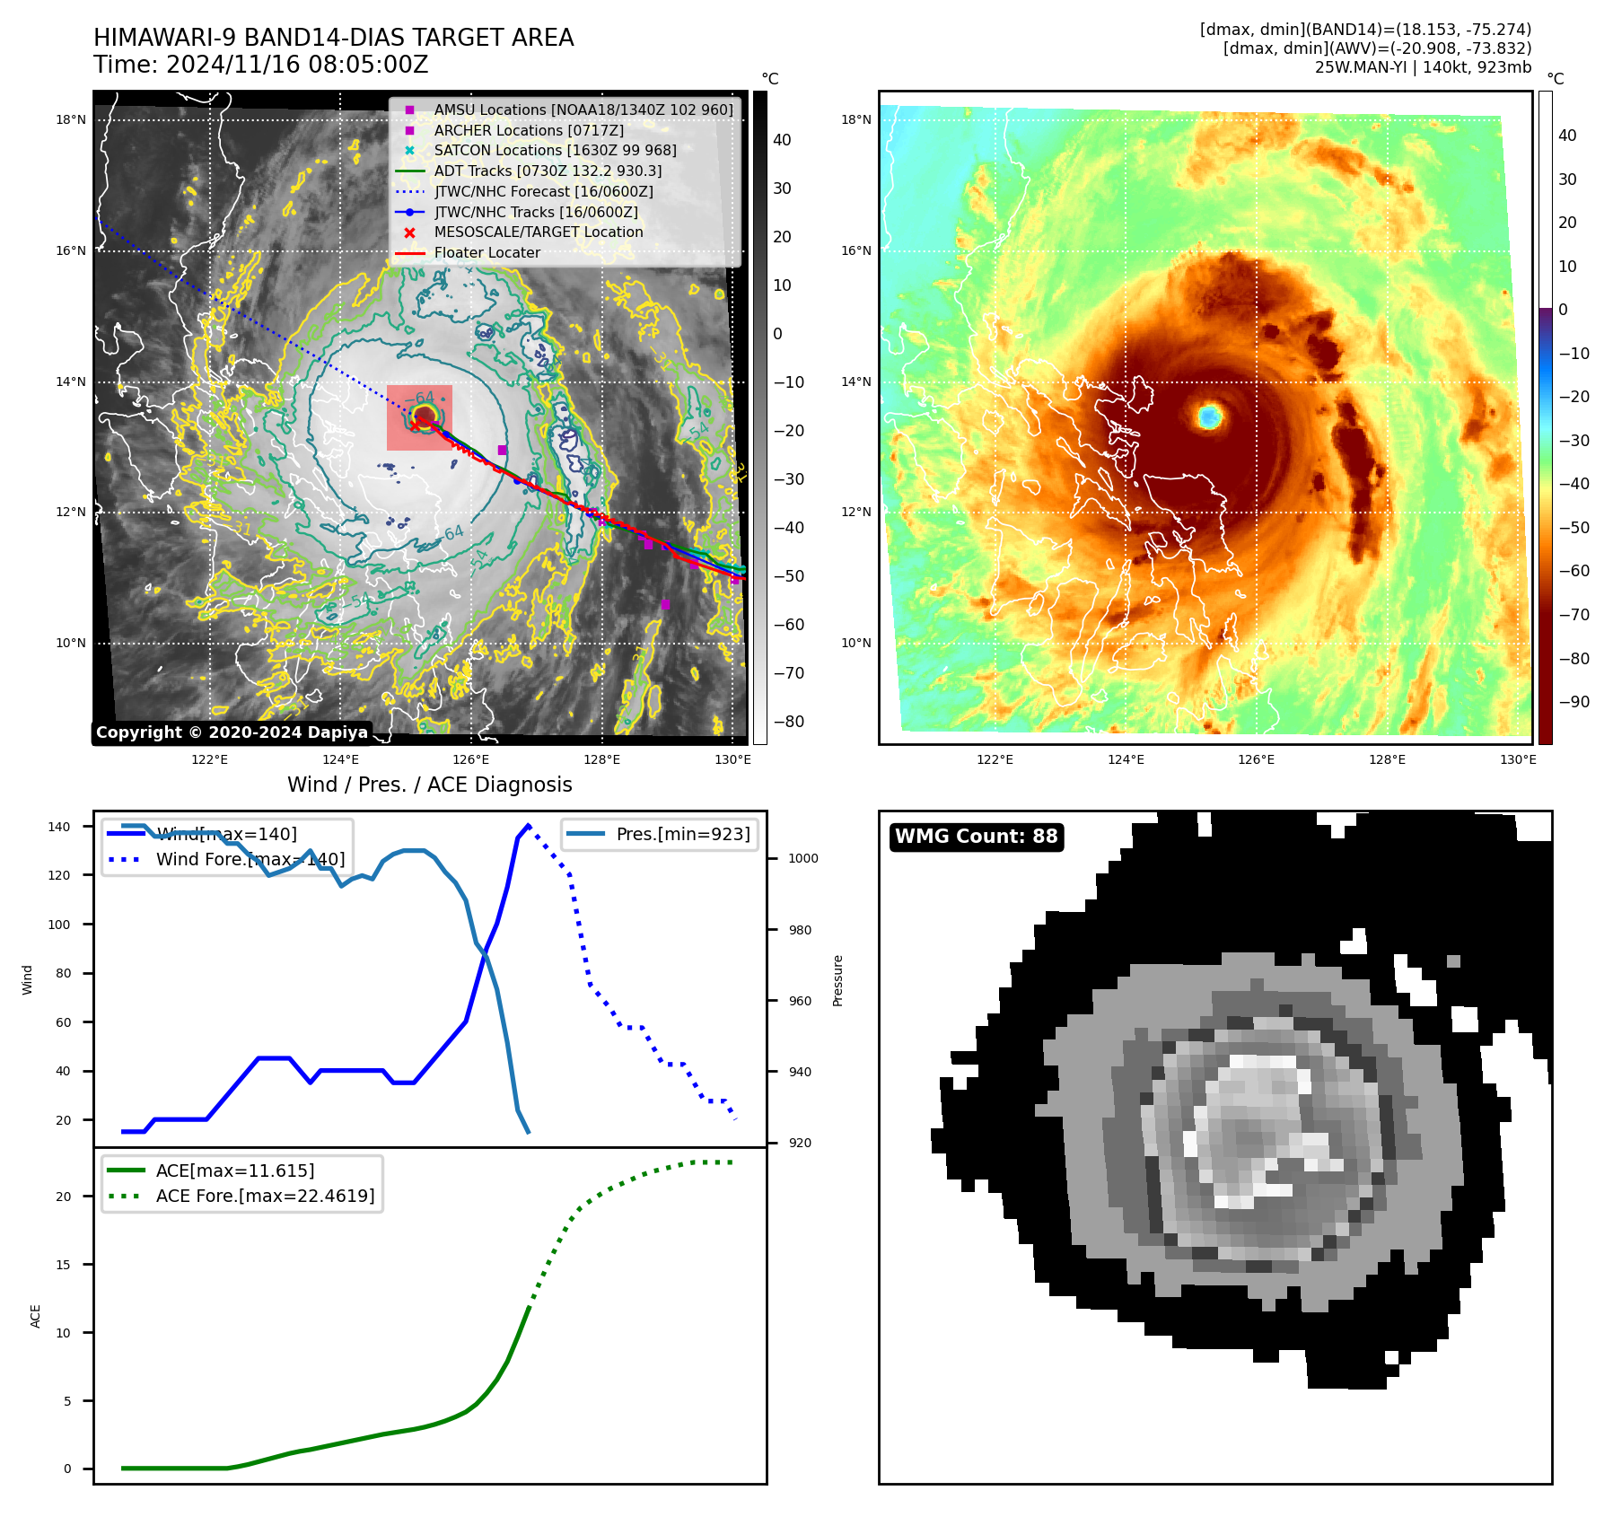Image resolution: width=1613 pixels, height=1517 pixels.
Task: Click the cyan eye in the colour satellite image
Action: [1210, 416]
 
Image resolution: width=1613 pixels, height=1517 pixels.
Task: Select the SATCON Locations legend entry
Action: [555, 151]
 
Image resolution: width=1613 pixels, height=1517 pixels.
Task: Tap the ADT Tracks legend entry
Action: [548, 171]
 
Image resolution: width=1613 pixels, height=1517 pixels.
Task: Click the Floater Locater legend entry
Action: [487, 253]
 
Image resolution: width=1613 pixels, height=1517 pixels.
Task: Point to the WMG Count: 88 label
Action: [976, 837]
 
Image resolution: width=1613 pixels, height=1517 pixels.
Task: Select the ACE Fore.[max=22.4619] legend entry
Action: [265, 1196]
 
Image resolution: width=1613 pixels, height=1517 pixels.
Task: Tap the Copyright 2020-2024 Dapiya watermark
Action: [232, 732]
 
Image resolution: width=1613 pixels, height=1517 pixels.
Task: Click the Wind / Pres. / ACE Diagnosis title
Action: [429, 785]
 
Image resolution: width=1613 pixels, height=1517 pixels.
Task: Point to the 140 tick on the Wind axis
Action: [59, 827]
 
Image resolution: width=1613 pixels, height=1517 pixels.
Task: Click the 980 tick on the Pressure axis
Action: [800, 930]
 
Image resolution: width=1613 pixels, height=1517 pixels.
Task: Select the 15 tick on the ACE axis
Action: [64, 1265]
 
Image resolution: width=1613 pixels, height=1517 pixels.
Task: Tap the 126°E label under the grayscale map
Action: [471, 760]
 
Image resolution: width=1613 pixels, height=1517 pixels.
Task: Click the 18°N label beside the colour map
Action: [855, 119]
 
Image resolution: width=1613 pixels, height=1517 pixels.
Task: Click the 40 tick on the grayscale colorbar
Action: [782, 140]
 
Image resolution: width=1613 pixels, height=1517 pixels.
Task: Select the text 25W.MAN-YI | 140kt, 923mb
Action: [1423, 67]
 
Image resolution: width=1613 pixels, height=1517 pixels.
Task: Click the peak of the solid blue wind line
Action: [528, 825]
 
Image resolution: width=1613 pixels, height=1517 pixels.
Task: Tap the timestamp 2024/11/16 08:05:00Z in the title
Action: [296, 66]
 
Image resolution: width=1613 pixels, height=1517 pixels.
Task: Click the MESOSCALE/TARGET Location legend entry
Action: [538, 232]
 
